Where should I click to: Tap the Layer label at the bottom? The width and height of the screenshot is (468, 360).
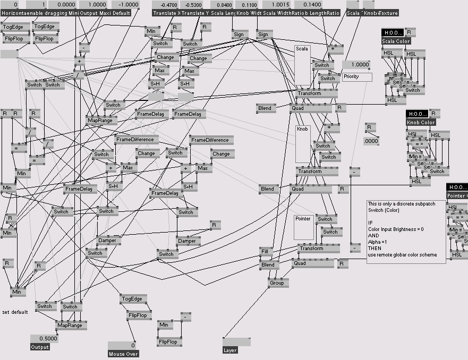tap(230, 350)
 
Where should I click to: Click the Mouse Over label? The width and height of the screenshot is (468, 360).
tap(124, 354)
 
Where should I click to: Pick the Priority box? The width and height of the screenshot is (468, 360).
tap(357, 77)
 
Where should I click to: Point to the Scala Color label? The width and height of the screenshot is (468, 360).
tap(396, 41)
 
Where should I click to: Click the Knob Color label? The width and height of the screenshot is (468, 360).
tap(421, 122)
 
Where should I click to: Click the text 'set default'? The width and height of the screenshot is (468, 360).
tap(15, 312)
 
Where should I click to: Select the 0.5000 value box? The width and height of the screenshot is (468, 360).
tap(44, 339)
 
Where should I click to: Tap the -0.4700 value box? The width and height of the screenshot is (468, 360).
tap(168, 5)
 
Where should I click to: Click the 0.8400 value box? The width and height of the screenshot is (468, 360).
tap(224, 5)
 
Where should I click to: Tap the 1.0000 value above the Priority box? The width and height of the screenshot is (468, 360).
tap(356, 65)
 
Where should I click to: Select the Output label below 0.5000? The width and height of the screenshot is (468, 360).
tap(40, 347)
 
